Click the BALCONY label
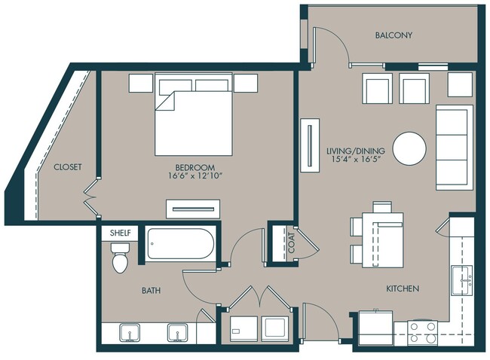tap(394, 35)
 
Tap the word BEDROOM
tap(195, 167)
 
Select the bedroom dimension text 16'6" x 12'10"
tap(195, 176)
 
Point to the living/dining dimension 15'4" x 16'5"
tap(356, 159)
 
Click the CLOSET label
tap(68, 167)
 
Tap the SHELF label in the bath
tap(121, 233)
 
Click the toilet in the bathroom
tap(121, 258)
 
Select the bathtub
tap(180, 243)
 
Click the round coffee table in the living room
tap(409, 148)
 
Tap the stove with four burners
tap(423, 333)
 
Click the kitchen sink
tap(461, 280)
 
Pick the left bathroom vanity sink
tap(130, 333)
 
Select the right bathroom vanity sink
tap(177, 333)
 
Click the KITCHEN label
tap(403, 288)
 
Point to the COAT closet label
tap(291, 243)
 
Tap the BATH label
tap(152, 291)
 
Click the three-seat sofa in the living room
tap(455, 148)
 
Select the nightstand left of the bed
tap(141, 83)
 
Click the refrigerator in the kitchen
tap(375, 328)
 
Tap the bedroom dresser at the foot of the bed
tap(193, 209)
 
